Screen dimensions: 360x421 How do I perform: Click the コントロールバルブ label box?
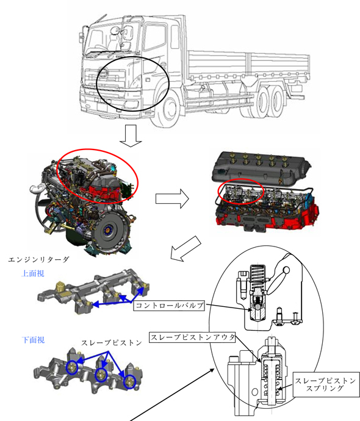(x=169, y=306)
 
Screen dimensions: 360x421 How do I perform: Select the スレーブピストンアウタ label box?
(x=192, y=337)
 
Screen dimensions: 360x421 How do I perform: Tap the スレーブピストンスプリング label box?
(x=326, y=384)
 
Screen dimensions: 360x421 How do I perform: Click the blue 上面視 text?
(x=33, y=273)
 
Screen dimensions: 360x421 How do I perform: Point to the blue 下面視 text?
(x=33, y=340)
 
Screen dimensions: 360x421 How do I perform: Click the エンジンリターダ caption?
(x=38, y=260)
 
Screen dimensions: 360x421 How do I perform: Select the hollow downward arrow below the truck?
(x=131, y=136)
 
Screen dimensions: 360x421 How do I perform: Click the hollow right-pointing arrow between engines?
(x=172, y=199)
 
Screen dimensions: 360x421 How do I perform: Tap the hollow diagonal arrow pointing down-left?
(x=185, y=248)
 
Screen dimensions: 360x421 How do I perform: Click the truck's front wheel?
(x=168, y=107)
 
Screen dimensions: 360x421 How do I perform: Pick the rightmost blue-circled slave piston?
(x=130, y=382)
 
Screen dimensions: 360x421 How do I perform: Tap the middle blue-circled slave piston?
(x=101, y=375)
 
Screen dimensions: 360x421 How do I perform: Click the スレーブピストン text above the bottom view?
(x=112, y=343)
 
